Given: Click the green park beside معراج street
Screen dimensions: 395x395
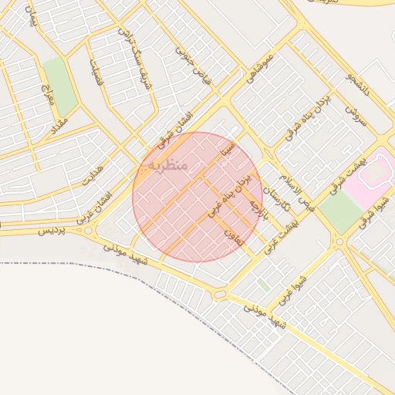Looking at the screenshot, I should (59, 86).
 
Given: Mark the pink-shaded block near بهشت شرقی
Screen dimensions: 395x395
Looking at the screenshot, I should (367, 174).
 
